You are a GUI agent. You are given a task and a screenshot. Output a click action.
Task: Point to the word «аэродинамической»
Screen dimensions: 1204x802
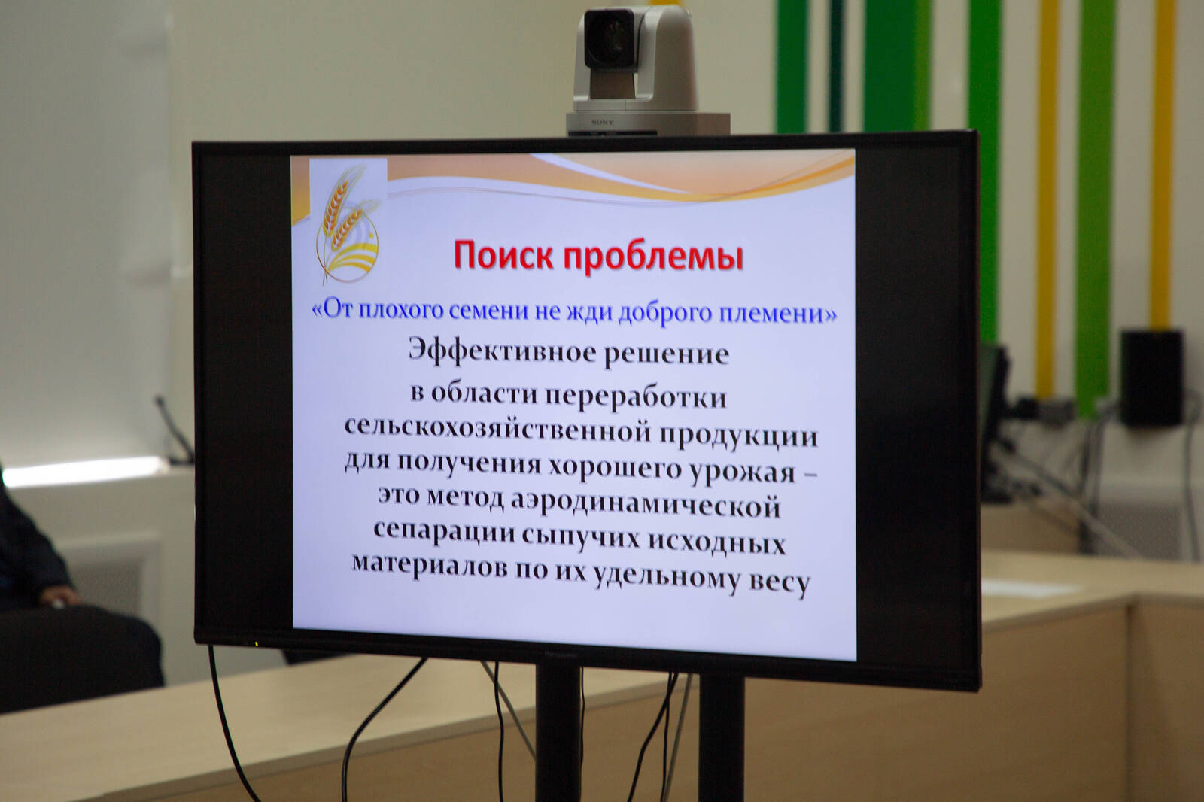[x=645, y=506]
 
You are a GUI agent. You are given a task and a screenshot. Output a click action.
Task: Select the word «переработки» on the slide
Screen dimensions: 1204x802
[x=636, y=396]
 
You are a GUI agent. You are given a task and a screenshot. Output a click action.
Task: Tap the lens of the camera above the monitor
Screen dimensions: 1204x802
[x=609, y=38]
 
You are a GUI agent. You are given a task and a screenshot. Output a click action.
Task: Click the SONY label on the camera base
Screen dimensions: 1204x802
[x=603, y=122]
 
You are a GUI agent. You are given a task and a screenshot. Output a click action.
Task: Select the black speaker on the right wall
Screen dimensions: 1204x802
[x=1152, y=378]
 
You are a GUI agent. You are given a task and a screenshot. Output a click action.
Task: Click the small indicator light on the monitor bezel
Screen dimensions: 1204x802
[x=257, y=643]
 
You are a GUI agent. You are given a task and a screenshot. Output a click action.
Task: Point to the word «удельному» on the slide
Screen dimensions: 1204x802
[x=666, y=578]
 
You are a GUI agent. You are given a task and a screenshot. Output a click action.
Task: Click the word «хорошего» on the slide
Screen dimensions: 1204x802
[x=615, y=468]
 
